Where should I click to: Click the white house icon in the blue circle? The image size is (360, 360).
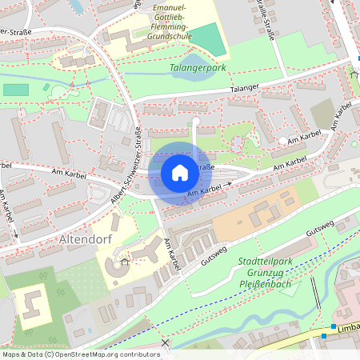point(179,173)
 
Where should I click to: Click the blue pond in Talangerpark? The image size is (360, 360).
point(194,64)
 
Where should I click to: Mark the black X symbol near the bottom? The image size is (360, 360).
point(166,343)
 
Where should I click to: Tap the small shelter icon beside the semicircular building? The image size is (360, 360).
point(124,261)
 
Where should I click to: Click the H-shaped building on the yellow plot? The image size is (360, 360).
point(33,302)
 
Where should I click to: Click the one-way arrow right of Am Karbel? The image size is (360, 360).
point(228,184)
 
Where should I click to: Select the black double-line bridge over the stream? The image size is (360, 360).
point(317,294)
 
